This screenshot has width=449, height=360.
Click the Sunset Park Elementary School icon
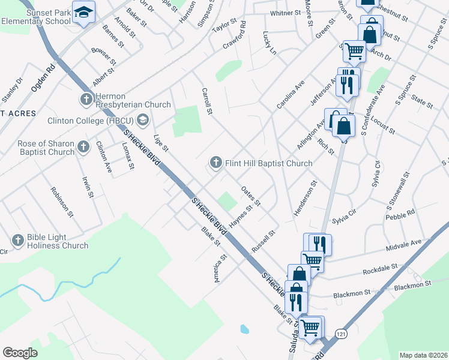tap(83, 13)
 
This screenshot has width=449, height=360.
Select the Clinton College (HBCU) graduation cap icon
tap(142, 120)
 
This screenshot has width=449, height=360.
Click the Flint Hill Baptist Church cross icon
tap(215, 163)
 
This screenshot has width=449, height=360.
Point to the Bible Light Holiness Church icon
tap(17, 240)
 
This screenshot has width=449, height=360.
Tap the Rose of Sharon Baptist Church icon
tap(84, 147)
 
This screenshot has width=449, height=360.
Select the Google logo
tap(20, 353)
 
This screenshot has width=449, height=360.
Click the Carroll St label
tap(207, 101)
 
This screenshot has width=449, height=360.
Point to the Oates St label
tap(250, 196)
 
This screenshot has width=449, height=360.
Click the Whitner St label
tap(285, 13)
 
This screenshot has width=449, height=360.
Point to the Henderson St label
tap(304, 200)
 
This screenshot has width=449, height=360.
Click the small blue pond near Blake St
tap(244, 329)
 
